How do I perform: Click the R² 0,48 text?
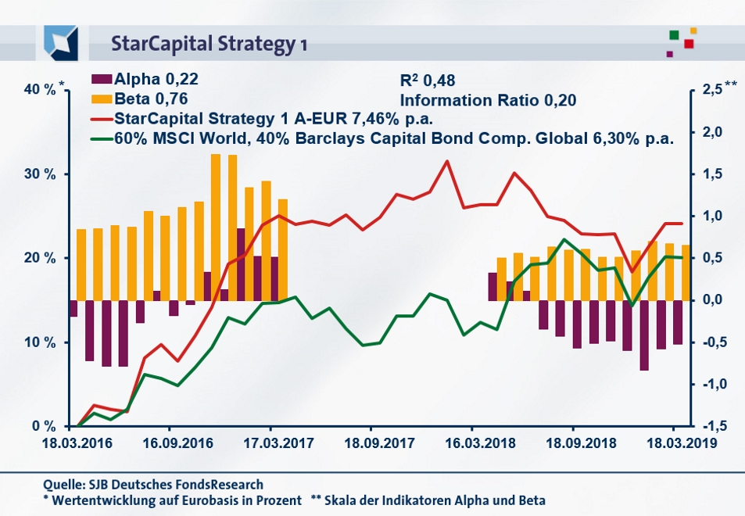click(x=427, y=81)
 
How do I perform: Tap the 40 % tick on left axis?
click(x=39, y=90)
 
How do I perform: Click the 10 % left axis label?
click(x=39, y=342)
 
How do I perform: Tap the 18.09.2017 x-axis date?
click(x=370, y=442)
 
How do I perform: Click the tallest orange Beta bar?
click(x=216, y=227)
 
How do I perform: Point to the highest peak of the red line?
click(x=446, y=162)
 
